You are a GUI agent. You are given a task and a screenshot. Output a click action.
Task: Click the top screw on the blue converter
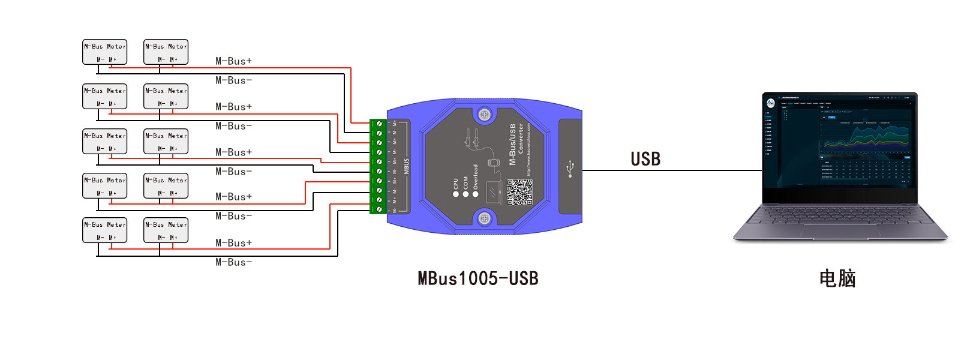point(485,114)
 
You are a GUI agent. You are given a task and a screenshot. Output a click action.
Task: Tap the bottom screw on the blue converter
point(485,219)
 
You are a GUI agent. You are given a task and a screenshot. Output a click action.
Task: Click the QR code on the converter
point(519,192)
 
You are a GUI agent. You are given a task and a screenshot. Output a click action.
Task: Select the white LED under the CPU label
point(456,194)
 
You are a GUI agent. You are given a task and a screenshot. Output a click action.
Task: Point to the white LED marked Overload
point(476,194)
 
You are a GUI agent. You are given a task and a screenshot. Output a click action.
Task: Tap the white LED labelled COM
point(466,194)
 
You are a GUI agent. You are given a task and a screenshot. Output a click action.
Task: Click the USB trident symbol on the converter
point(570,169)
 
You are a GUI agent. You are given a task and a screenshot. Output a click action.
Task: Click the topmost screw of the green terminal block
point(379,124)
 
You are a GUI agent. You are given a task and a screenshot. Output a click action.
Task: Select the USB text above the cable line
point(645,159)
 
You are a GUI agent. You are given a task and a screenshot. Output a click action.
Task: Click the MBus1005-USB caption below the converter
point(478,278)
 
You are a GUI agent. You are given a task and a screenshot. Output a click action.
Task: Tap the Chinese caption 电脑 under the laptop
point(837,278)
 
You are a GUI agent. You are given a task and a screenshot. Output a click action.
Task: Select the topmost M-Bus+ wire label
point(234,61)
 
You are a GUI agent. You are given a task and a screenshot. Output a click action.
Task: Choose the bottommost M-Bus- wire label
point(234,262)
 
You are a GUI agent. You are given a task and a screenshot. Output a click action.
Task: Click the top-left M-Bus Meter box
point(105,52)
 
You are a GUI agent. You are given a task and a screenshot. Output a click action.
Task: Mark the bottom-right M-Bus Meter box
point(166,230)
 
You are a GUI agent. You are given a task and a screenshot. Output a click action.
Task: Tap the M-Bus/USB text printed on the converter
point(513,145)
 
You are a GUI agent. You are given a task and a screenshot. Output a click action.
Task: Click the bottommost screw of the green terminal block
point(379,209)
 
